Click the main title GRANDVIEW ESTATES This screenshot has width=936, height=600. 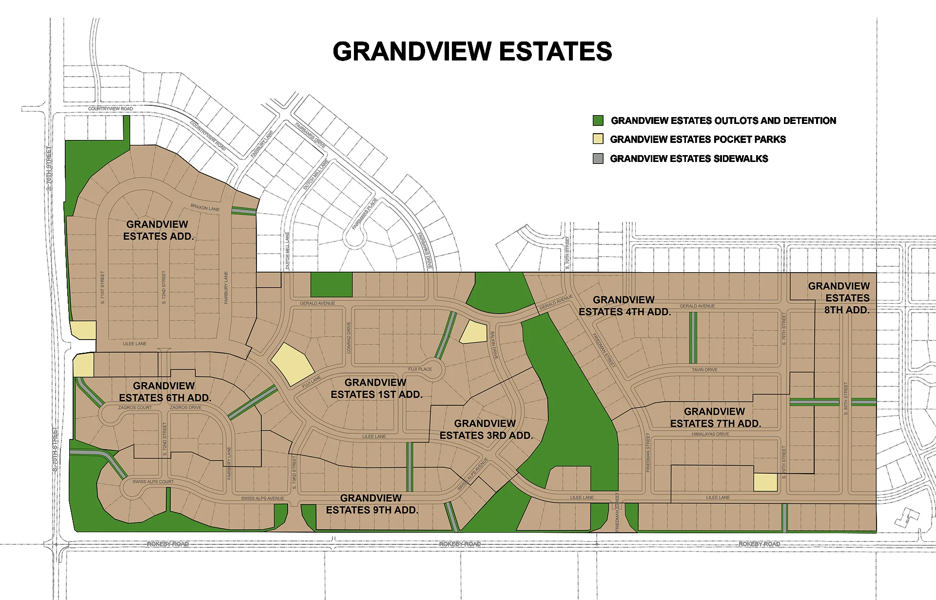pos(472,51)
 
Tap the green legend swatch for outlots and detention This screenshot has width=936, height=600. pos(598,120)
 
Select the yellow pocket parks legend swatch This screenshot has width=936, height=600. pos(598,139)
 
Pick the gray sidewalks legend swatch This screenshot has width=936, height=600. pos(598,159)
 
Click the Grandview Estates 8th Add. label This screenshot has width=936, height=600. pos(839,298)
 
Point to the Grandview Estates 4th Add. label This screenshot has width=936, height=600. pos(624,306)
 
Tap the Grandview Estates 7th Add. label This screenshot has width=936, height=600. pos(715,418)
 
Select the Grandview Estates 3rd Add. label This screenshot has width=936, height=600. pos(486,429)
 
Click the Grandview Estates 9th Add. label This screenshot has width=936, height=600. pos(372,504)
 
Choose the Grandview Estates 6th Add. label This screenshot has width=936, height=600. pos(165,392)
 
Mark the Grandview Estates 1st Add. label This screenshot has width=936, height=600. pos(376,388)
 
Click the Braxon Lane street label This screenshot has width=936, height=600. pos(205,207)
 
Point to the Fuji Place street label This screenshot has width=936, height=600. pos(420,369)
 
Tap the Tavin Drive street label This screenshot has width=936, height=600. pos(704,370)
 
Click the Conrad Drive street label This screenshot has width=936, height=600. pos(349,338)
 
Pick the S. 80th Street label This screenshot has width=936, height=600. pos(846,399)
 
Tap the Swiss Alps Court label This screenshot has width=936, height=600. pos(153,481)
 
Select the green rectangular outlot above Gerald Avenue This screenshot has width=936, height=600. pos(331,284)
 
